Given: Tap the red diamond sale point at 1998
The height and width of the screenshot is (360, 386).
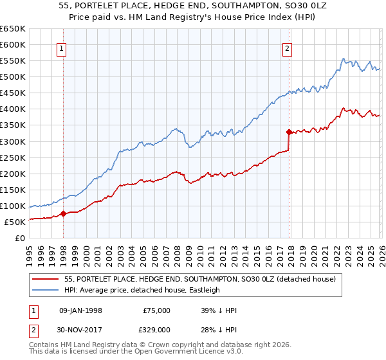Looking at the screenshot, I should pos(63,214).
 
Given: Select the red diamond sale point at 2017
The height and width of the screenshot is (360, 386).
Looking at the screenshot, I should pos(289,132).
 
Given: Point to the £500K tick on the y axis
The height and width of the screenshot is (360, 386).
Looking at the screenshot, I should pos(13,77).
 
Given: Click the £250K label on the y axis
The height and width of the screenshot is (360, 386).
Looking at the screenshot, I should pos(13,157).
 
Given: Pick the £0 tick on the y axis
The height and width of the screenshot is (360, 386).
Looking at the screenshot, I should pos(21,239).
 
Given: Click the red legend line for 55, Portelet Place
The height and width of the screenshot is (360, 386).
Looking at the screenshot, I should pos(46,280).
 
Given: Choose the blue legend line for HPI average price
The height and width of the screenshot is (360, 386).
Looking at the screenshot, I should pos(46,290).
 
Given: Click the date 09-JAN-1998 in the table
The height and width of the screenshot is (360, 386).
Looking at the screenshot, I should pos(80,310).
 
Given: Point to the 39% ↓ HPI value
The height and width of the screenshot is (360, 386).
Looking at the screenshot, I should pos(219,310).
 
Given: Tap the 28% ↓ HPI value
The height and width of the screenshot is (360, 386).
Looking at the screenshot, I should pos(219,330).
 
